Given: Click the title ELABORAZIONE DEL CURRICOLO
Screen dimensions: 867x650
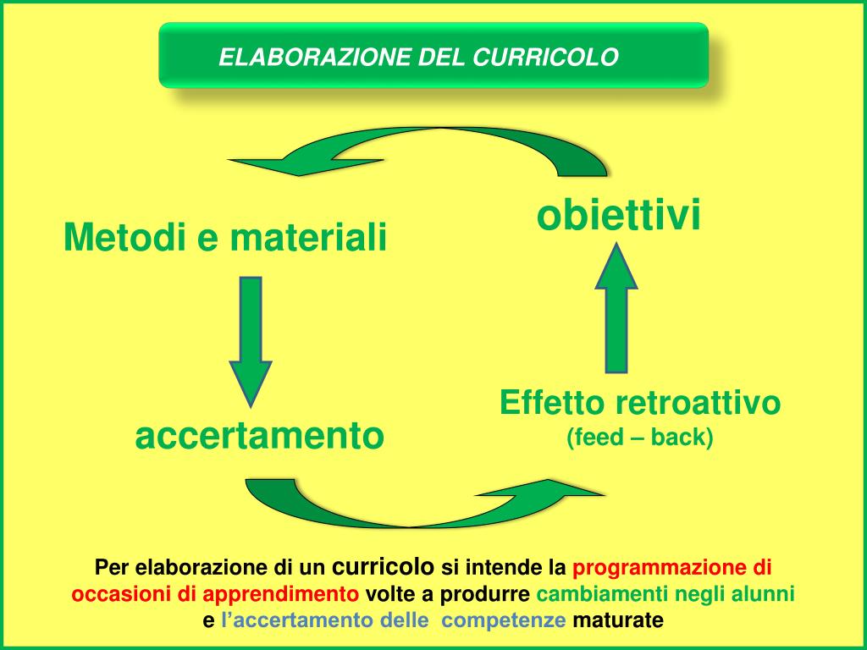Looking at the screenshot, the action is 419,57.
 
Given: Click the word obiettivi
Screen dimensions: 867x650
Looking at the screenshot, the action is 619,216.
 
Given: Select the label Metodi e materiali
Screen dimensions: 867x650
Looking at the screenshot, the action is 225,237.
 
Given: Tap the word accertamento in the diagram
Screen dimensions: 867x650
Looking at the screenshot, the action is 260,437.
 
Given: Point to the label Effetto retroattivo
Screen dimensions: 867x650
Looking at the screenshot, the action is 640,403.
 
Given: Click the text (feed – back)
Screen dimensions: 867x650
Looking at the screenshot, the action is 640,438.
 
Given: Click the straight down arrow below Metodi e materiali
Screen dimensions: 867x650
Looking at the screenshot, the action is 251,339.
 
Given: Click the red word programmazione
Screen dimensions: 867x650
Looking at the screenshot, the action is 660,566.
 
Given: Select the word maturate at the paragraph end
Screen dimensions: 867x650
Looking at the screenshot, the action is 618,620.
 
